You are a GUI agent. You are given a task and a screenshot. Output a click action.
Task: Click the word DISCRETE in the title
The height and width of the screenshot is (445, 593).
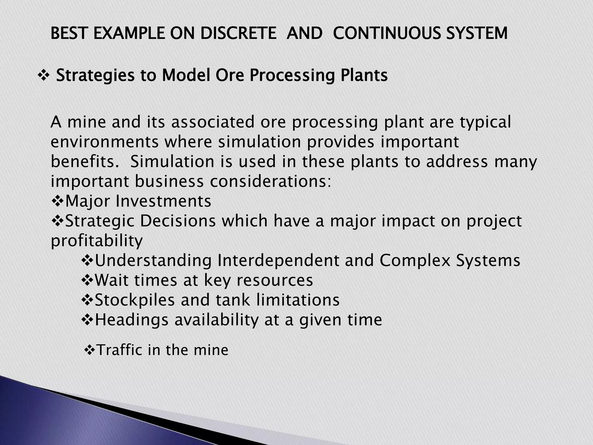[x=238, y=33]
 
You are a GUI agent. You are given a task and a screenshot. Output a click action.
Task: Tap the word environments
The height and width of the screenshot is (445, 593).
[x=105, y=142]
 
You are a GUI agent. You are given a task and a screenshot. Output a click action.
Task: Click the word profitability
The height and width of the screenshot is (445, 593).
[x=97, y=241]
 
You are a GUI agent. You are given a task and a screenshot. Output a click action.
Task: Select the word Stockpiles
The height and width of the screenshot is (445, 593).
[x=135, y=300]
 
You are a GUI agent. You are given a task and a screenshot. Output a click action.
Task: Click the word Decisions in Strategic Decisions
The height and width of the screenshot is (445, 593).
[x=178, y=221]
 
